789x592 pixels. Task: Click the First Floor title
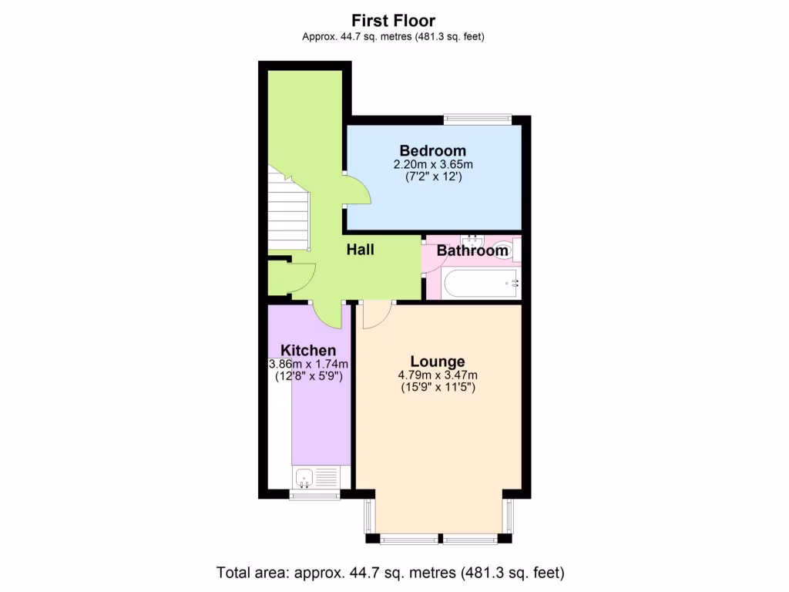click(x=394, y=21)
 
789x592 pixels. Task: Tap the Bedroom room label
click(x=432, y=150)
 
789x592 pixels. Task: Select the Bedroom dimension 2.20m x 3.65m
click(x=432, y=164)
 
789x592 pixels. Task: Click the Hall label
click(x=360, y=250)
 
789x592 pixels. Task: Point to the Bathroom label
click(x=472, y=251)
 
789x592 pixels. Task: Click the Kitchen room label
click(x=308, y=350)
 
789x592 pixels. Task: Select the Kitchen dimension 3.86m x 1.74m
click(x=308, y=364)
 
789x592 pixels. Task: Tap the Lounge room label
click(x=438, y=362)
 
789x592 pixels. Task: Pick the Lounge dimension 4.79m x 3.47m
click(x=438, y=375)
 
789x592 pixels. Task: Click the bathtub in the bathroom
click(x=482, y=284)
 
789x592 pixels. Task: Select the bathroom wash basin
click(x=470, y=240)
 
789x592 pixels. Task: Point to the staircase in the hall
click(x=287, y=212)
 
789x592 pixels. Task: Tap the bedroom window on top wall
click(x=478, y=119)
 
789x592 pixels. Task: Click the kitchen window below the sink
click(x=314, y=496)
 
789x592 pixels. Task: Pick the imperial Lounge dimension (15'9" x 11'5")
click(x=438, y=388)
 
